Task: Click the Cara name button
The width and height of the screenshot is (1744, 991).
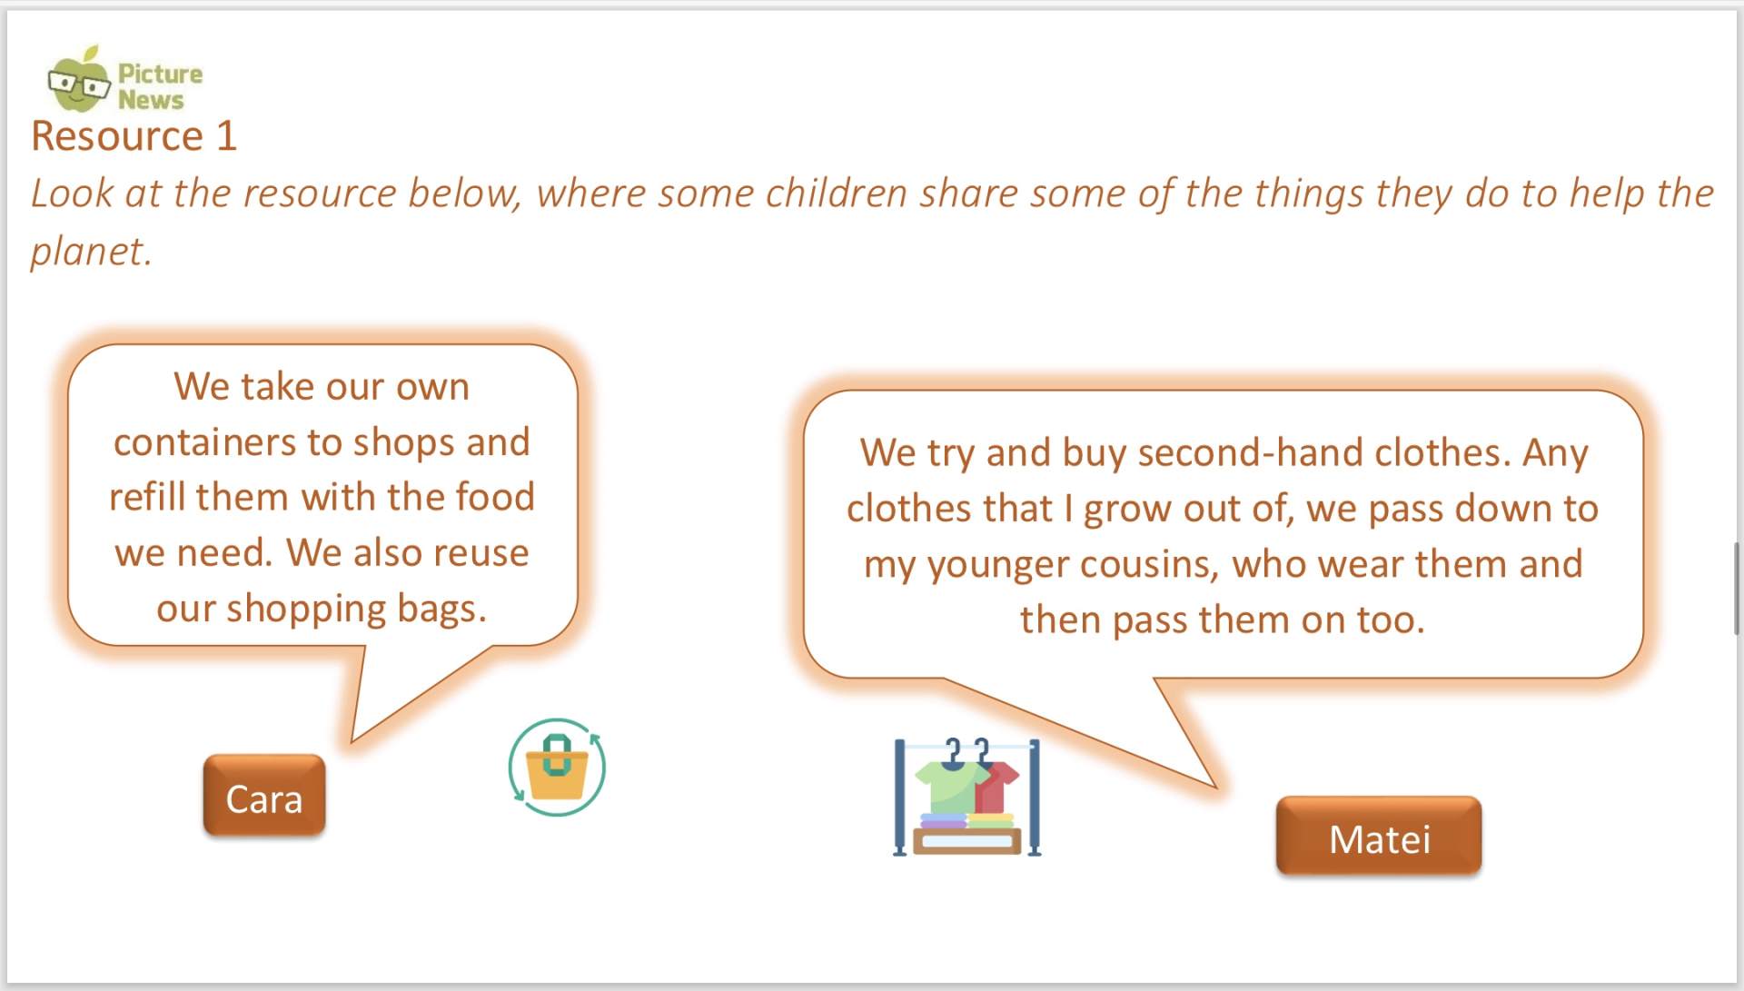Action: pyautogui.click(x=264, y=795)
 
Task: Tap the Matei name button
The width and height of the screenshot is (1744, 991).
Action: pyautogui.click(x=1379, y=836)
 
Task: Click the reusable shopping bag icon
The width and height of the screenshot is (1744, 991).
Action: pyautogui.click(x=557, y=768)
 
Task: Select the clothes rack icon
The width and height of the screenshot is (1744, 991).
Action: pyautogui.click(x=967, y=797)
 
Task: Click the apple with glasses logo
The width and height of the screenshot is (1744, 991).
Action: pyautogui.click(x=79, y=81)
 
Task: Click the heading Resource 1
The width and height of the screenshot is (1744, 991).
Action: pyautogui.click(x=134, y=136)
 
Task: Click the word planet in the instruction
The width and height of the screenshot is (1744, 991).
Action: pyautogui.click(x=87, y=252)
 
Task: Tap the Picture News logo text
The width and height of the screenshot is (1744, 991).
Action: pyautogui.click(x=160, y=86)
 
